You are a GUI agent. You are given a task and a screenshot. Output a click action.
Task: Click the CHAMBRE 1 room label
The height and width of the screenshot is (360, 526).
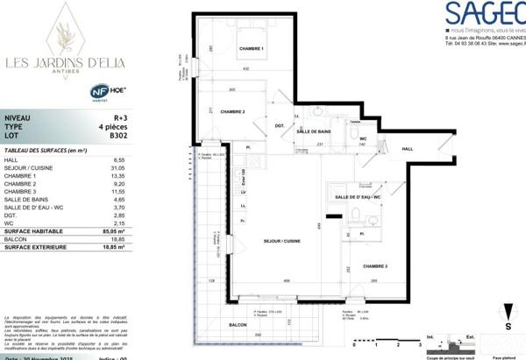(251, 48)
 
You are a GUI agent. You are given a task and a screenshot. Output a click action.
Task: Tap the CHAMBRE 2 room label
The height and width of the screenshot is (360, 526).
(232, 111)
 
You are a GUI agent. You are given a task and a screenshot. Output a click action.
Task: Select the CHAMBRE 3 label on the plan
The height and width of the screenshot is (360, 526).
(376, 265)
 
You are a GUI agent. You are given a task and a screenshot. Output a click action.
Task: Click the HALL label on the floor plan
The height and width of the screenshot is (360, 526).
(407, 149)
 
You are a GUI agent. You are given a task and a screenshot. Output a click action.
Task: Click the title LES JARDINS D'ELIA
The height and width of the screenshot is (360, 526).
(65, 61)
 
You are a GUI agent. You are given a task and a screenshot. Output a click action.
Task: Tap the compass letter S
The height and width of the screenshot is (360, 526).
(508, 325)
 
